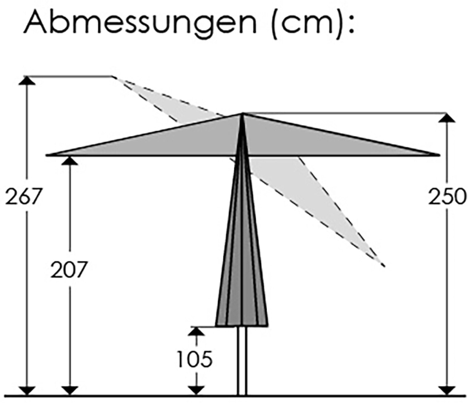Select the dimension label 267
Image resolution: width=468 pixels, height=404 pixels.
[x=24, y=196]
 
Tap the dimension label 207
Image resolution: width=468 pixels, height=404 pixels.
[x=68, y=270]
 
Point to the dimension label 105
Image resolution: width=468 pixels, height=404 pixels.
[x=195, y=358]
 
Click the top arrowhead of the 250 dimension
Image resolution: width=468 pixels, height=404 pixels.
[x=447, y=118]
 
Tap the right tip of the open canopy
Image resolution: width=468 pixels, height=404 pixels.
[x=437, y=154]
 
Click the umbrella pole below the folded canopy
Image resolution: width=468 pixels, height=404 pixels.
[x=242, y=362]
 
